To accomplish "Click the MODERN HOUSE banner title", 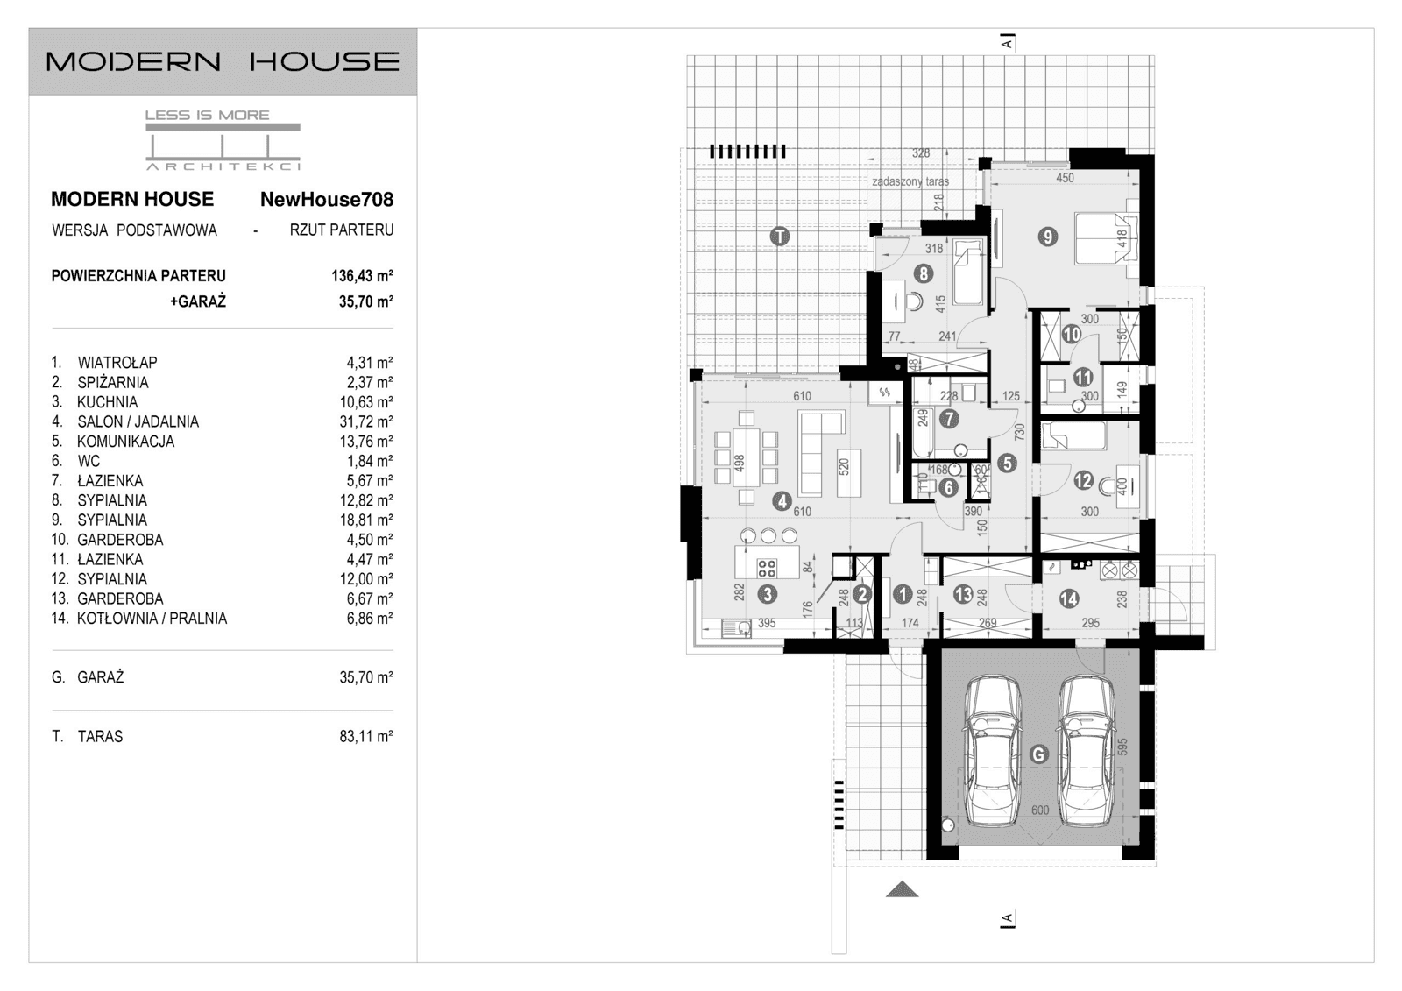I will (x=223, y=61).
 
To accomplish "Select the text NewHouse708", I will (x=326, y=200).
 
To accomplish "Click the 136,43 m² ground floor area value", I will (x=362, y=276).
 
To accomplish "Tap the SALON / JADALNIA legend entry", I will (x=138, y=421).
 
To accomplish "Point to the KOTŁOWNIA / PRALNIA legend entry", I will (x=152, y=619).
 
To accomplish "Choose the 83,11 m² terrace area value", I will (x=365, y=737).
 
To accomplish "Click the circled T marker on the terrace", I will (x=779, y=236).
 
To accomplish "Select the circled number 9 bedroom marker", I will (x=1047, y=236).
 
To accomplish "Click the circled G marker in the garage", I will (x=1038, y=754).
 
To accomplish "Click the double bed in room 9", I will (x=1105, y=237).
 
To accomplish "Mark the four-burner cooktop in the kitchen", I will (x=767, y=567).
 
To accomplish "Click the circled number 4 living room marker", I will (x=782, y=501).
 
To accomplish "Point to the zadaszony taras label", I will (x=910, y=182).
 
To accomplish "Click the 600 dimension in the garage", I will (x=1039, y=810).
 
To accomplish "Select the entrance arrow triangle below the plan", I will (x=902, y=889).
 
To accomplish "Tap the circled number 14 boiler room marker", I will (x=1068, y=598).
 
